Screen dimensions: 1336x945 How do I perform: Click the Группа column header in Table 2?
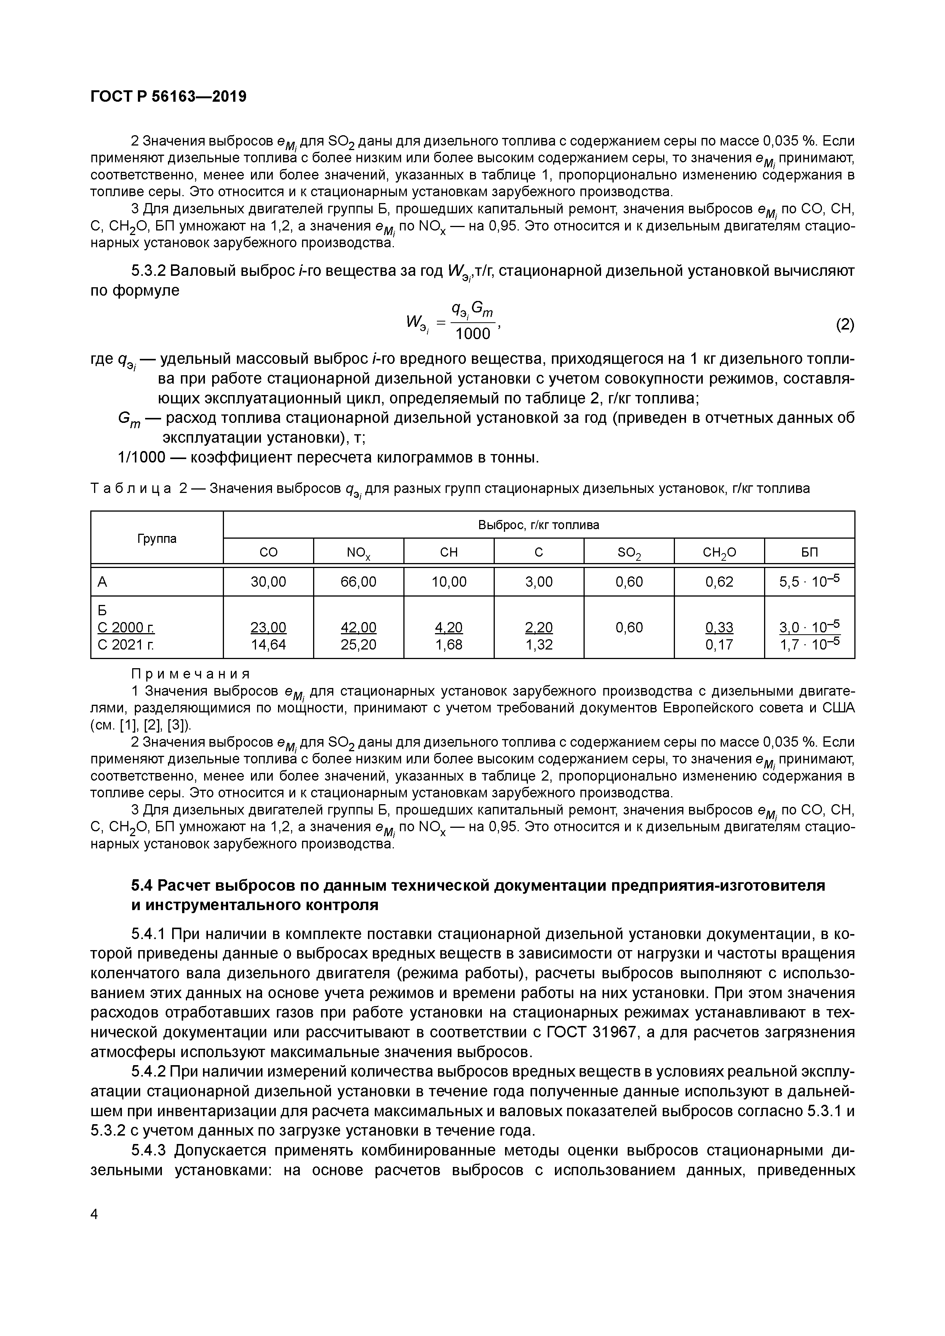click(157, 538)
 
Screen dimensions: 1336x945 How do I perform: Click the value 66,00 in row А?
click(358, 582)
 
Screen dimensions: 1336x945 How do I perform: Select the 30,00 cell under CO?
click(268, 582)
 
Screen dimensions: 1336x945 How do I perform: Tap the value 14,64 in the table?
click(268, 645)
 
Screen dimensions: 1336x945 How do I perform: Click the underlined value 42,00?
click(358, 628)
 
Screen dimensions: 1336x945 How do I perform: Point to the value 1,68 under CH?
click(449, 645)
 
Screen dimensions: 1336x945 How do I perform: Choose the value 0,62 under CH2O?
click(719, 582)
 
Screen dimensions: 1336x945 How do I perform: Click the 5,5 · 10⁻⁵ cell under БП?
click(809, 581)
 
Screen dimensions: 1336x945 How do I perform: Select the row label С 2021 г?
click(126, 645)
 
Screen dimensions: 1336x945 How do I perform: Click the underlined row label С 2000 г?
click(126, 628)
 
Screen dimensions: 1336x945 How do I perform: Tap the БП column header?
click(809, 553)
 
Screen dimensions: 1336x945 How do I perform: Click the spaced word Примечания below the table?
click(190, 674)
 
